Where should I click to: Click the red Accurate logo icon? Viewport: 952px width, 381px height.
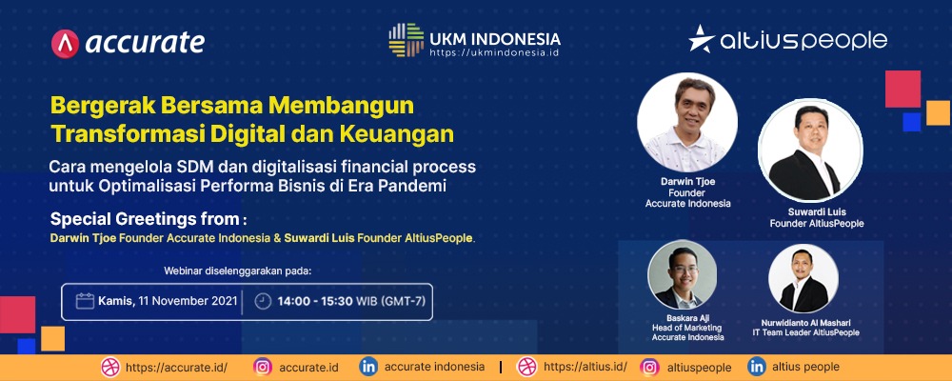65,44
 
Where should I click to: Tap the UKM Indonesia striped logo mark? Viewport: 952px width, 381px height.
407,40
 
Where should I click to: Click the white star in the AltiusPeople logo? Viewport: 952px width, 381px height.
702,39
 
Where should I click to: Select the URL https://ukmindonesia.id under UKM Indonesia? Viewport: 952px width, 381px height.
493,53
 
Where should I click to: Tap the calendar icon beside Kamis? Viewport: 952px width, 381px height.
85,301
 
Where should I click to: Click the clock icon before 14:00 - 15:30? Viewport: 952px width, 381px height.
263,301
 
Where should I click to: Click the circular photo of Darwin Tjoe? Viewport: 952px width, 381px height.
687,123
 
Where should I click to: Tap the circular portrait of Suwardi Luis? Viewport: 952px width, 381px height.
810,150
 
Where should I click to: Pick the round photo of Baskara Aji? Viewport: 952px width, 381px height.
682,274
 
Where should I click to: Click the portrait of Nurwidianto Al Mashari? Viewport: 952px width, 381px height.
803,278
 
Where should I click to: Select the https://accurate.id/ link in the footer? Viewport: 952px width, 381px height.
176,367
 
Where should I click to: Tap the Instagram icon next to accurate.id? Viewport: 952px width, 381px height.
263,367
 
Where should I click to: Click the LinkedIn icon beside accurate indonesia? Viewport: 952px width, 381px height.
367,367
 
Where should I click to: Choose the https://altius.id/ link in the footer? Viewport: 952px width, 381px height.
585,367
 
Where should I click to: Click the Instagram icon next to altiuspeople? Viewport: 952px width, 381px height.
650,367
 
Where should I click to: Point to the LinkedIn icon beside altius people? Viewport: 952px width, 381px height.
757,367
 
